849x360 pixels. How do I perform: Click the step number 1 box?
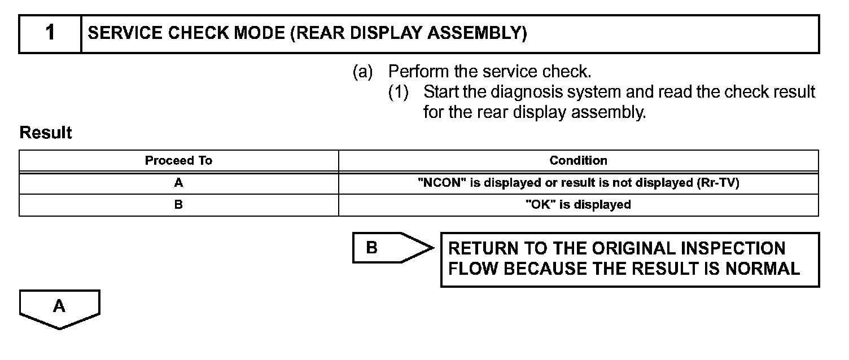point(50,33)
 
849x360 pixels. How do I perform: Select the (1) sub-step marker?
point(398,92)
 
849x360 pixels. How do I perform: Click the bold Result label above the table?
point(46,133)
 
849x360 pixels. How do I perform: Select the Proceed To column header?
point(178,161)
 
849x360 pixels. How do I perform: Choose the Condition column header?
point(578,161)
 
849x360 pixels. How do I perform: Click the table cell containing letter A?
point(178,183)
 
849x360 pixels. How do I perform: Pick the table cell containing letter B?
point(178,205)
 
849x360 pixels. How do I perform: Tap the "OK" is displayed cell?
point(578,205)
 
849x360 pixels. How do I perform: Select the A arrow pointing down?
point(59,309)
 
